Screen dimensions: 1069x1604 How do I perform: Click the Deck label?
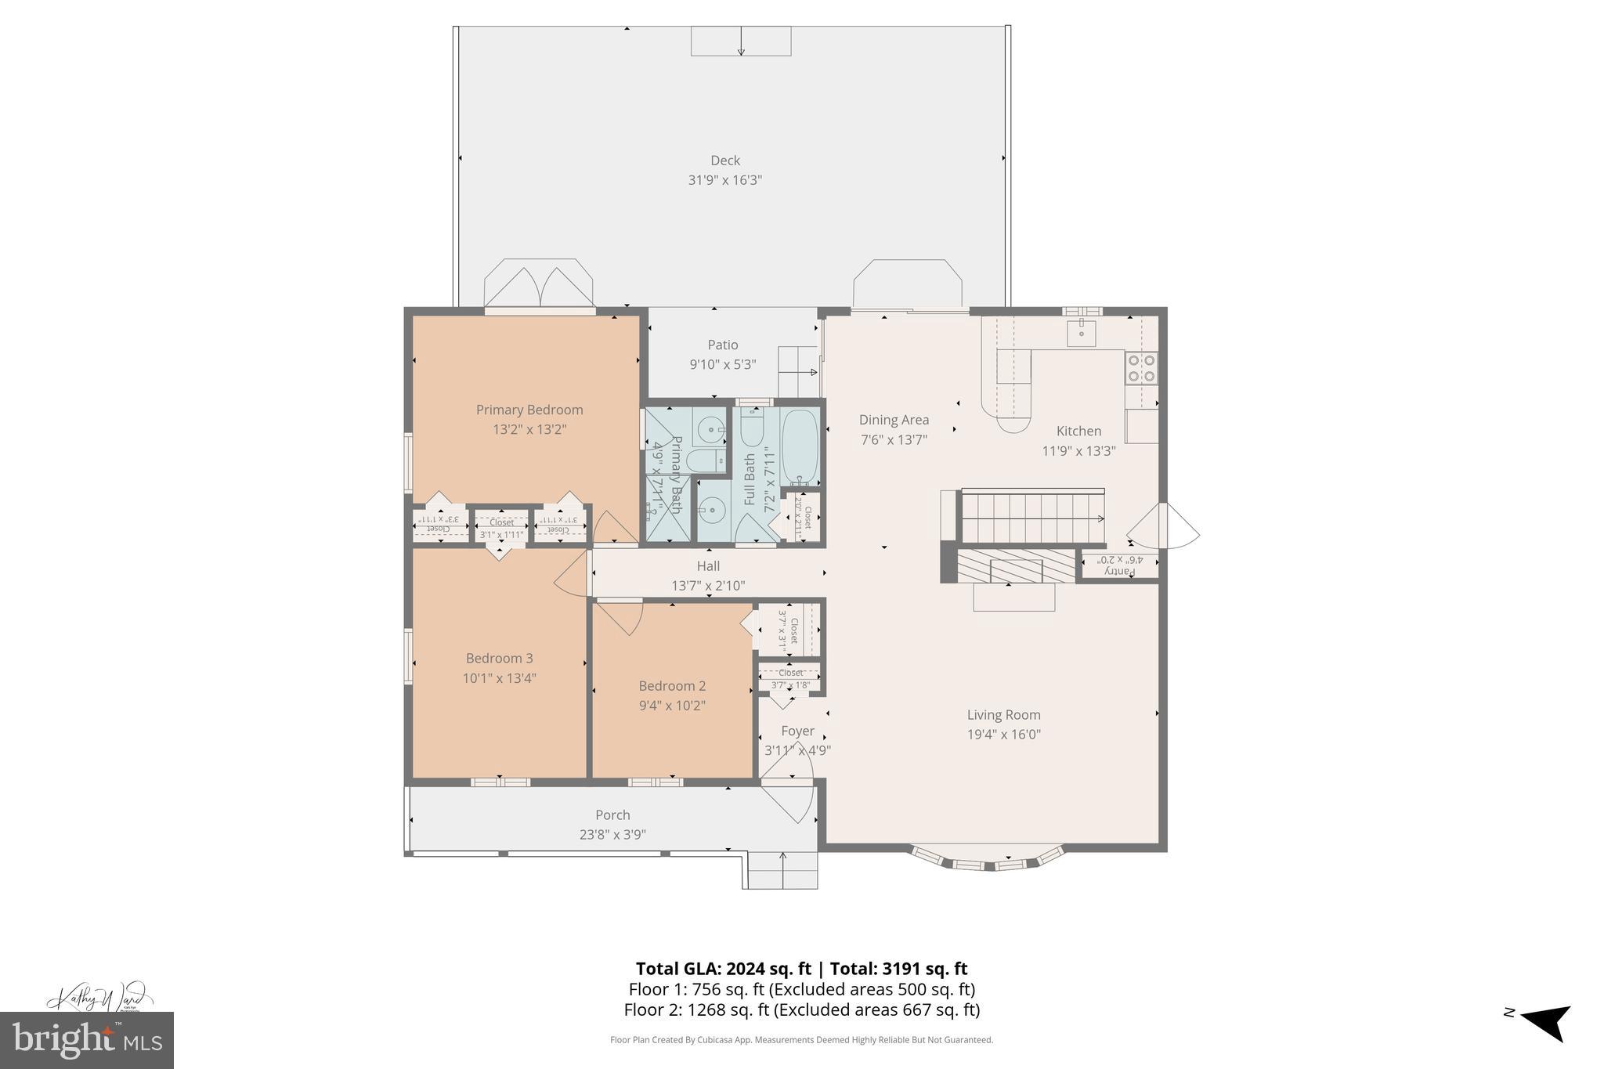tap(724, 161)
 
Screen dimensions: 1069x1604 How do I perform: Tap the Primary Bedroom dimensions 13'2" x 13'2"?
tap(529, 429)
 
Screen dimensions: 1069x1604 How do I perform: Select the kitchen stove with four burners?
tap(1141, 368)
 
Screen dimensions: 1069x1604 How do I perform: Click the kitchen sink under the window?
tap(1082, 332)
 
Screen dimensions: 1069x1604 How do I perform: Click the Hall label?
tap(708, 565)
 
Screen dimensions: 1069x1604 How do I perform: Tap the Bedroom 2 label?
tap(672, 685)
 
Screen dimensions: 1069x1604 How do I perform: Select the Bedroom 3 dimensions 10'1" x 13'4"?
tap(499, 678)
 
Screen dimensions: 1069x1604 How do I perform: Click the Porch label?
tap(612, 814)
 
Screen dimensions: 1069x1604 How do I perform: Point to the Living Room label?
tap(1003, 714)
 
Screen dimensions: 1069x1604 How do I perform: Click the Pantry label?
tap(1121, 571)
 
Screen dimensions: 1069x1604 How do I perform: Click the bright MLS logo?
tap(87, 1040)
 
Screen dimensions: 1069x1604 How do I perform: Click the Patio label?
tap(723, 345)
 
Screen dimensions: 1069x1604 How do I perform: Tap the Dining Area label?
tap(894, 420)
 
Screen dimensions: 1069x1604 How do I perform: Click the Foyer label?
tap(797, 731)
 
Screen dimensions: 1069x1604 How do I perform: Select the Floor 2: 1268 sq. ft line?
tap(801, 1009)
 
